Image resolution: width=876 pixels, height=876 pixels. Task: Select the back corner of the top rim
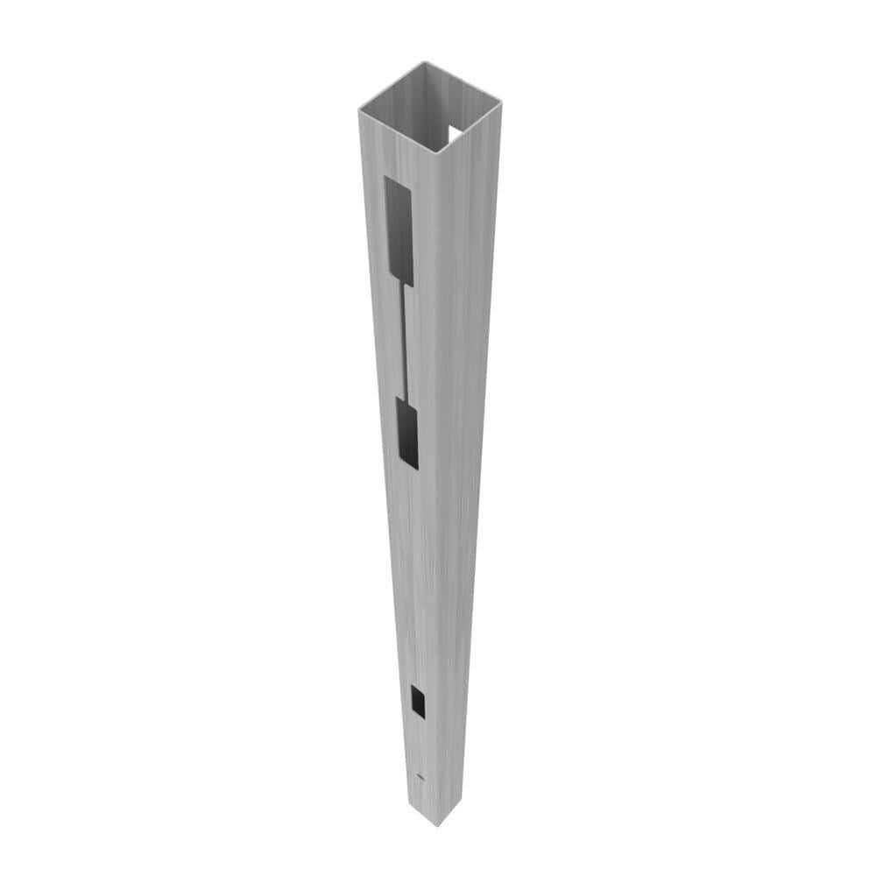(424, 62)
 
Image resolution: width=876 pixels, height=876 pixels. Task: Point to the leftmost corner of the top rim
(359, 109)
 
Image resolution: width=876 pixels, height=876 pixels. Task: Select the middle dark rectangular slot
(408, 432)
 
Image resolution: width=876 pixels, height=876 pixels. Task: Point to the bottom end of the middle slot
(411, 464)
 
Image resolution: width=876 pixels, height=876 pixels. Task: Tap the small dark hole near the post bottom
(418, 702)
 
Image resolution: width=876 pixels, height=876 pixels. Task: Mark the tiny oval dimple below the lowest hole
(421, 777)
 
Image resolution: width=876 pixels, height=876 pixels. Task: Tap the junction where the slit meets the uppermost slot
(405, 286)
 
